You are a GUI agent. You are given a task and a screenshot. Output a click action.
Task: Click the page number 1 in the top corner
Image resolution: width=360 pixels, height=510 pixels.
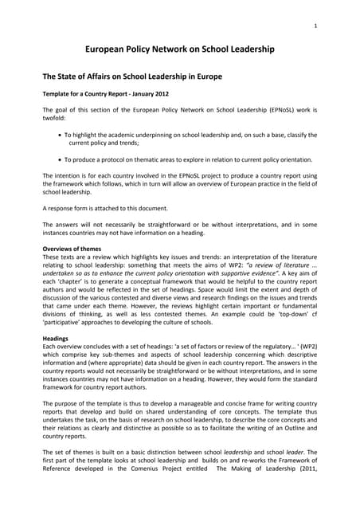pyautogui.click(x=316, y=26)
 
